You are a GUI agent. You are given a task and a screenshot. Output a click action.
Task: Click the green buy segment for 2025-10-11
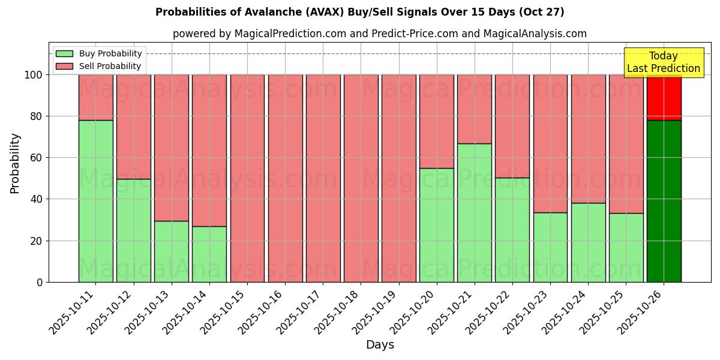(x=96, y=201)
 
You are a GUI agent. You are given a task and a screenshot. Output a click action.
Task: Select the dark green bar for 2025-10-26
(x=664, y=201)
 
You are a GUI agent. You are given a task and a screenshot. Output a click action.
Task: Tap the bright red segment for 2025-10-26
(x=664, y=98)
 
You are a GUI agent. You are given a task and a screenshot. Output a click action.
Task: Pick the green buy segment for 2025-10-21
(x=475, y=212)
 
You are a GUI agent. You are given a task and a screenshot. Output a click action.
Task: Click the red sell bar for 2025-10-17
(x=323, y=178)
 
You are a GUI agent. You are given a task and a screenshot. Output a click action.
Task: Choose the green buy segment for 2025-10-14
(x=209, y=254)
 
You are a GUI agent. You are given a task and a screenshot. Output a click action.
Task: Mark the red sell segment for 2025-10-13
(x=172, y=148)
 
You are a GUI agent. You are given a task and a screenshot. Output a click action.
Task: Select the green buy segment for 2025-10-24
(x=588, y=242)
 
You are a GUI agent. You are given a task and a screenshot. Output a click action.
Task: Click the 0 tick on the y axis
(x=40, y=282)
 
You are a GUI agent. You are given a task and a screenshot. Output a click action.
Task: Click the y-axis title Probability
(x=15, y=163)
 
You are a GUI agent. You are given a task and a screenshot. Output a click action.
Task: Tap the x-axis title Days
(x=380, y=345)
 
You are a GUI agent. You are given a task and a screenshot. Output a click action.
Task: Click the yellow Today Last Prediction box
(x=664, y=62)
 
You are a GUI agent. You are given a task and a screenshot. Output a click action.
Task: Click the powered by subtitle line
(x=380, y=34)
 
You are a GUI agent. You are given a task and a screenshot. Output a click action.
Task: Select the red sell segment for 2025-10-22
(x=512, y=126)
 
